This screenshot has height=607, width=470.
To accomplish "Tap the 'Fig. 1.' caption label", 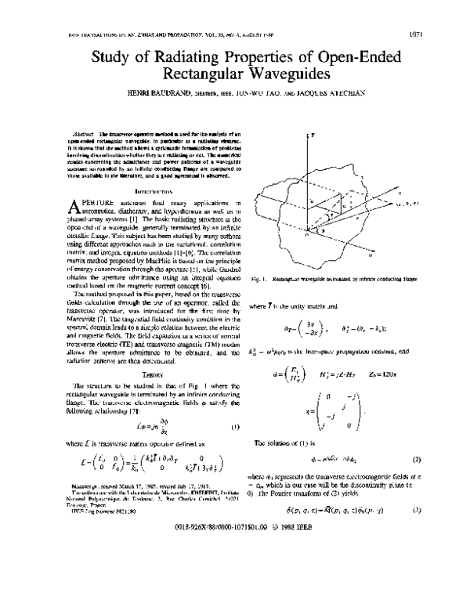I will point(262,277).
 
